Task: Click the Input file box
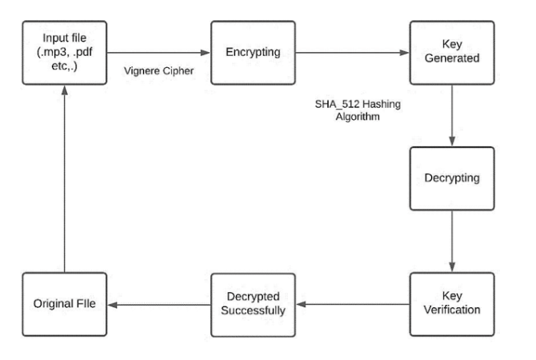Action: (x=64, y=53)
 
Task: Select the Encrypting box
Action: (x=253, y=53)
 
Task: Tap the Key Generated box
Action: (x=453, y=53)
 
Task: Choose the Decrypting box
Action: (x=453, y=178)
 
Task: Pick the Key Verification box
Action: (x=453, y=303)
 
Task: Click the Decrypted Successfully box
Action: (x=253, y=303)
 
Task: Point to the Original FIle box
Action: (x=64, y=304)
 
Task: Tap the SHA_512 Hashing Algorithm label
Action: (x=346, y=110)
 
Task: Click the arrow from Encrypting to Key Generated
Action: (x=352, y=53)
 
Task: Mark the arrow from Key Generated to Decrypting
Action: (x=453, y=115)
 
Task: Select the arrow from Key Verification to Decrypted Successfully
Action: (x=352, y=304)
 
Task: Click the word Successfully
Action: (x=253, y=310)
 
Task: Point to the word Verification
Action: (x=453, y=310)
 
